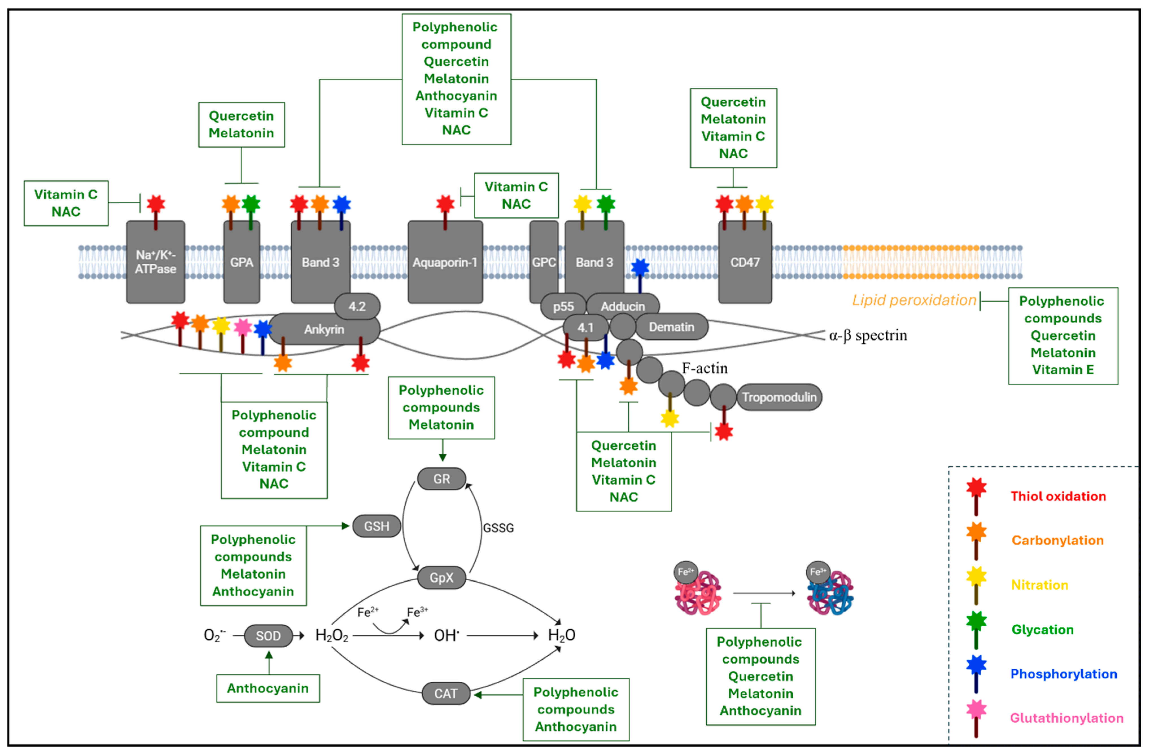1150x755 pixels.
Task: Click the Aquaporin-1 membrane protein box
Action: pyautogui.click(x=445, y=262)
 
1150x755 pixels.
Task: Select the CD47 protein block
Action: pyautogui.click(x=745, y=262)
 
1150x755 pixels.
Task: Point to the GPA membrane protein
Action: pyautogui.click(x=242, y=262)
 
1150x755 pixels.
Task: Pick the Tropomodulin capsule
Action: pyautogui.click(x=779, y=397)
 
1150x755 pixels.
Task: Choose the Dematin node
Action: pyautogui.click(x=671, y=327)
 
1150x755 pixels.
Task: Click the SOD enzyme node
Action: pyautogui.click(x=268, y=636)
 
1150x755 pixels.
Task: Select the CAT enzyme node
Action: pyautogui.click(x=445, y=694)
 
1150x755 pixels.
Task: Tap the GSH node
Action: pyautogui.click(x=376, y=526)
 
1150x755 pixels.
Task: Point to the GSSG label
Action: pyautogui.click(x=498, y=528)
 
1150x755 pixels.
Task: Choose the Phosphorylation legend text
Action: pyautogui.click(x=1064, y=674)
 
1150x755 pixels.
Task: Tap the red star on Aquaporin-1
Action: pyautogui.click(x=445, y=204)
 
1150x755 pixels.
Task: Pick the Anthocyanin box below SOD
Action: pyautogui.click(x=268, y=688)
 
